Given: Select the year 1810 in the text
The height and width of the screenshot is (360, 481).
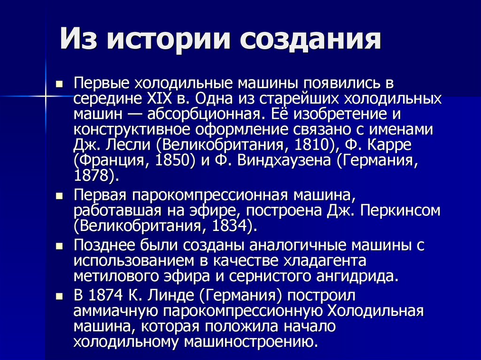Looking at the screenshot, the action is coord(312,145).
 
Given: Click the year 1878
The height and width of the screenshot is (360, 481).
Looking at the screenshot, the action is coord(92,176).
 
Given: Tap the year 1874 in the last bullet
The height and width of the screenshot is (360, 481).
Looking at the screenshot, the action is coord(106,295).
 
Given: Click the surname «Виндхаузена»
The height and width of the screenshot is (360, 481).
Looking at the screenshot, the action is coord(284,161).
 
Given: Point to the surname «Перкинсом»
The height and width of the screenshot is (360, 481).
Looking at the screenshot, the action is coord(400,210).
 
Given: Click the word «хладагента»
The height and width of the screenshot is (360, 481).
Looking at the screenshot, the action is coord(325,260).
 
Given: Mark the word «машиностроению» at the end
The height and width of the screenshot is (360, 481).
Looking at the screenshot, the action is coord(251,342).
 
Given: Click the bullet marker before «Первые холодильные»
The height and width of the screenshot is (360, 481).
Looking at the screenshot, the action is coord(59,84).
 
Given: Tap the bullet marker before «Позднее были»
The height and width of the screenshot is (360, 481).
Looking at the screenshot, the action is coord(59,246).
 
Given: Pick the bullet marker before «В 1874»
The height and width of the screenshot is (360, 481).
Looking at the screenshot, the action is coord(59,296).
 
